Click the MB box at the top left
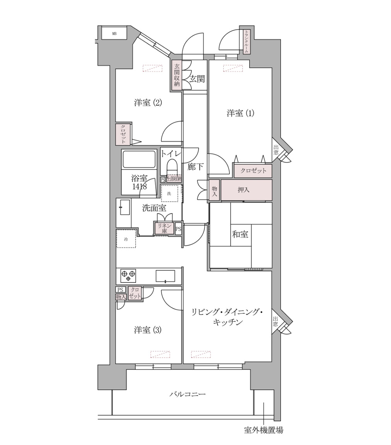pyautogui.click(x=114, y=34)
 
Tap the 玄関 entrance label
pyautogui.click(x=197, y=79)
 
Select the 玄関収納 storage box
pyautogui.click(x=177, y=75)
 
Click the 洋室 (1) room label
pyautogui.click(x=240, y=113)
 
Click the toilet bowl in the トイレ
pyautogui.click(x=172, y=167)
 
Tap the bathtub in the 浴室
pyautogui.click(x=139, y=159)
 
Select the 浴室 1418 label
pyautogui.click(x=139, y=182)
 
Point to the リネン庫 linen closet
pyautogui.click(x=164, y=228)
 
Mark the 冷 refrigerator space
pyautogui.click(x=126, y=239)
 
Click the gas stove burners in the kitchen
pyautogui.click(x=129, y=276)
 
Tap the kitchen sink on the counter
pyautogui.click(x=165, y=276)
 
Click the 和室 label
pyautogui.click(x=240, y=234)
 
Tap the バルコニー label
pyautogui.click(x=187, y=395)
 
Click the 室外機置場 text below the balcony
pyautogui.click(x=263, y=430)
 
